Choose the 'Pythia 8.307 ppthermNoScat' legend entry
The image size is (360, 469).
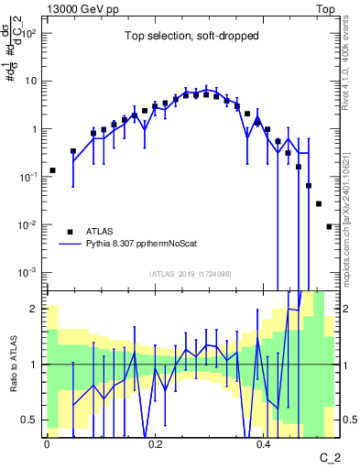pos(147,245)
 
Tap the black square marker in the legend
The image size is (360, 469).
pos(71,232)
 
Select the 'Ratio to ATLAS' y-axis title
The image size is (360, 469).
pos(14,365)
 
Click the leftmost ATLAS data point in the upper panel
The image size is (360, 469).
pos(52,170)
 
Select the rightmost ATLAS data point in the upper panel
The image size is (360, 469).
pos(329,226)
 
